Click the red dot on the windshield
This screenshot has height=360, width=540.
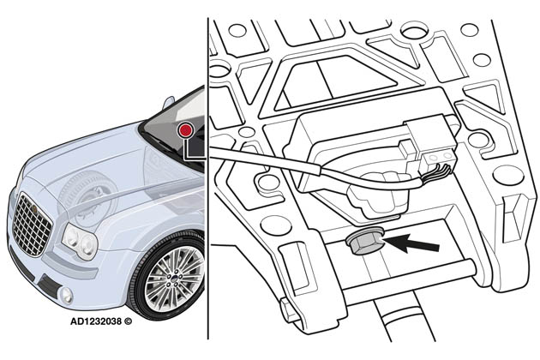pos(184,129)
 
